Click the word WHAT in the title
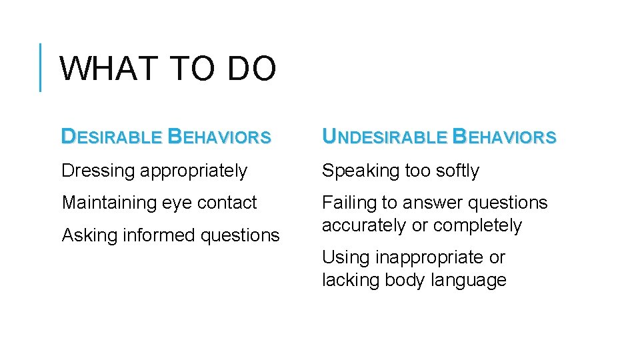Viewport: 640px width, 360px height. click(x=107, y=69)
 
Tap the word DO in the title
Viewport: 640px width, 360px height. click(x=251, y=69)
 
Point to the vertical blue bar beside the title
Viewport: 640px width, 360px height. click(x=41, y=67)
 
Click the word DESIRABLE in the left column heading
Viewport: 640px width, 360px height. click(x=111, y=137)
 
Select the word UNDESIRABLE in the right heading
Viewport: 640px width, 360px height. click(x=385, y=137)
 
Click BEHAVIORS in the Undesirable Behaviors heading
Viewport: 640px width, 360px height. click(x=504, y=137)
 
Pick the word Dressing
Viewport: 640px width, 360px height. click(x=98, y=171)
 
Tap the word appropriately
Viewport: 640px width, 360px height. click(x=193, y=171)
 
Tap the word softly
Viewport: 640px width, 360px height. click(x=457, y=171)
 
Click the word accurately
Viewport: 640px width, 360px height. click(x=364, y=226)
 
